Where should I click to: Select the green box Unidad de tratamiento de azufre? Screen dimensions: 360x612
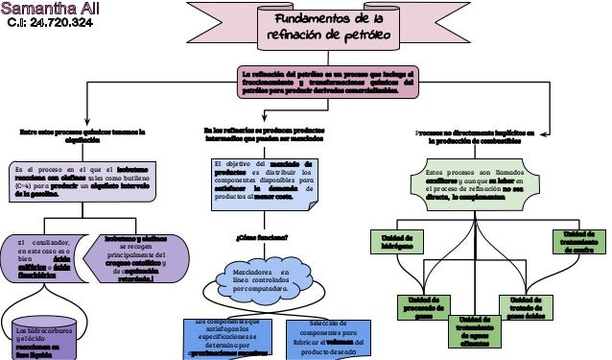[x=578, y=242]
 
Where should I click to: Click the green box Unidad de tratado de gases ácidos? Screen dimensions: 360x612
[x=528, y=306]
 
